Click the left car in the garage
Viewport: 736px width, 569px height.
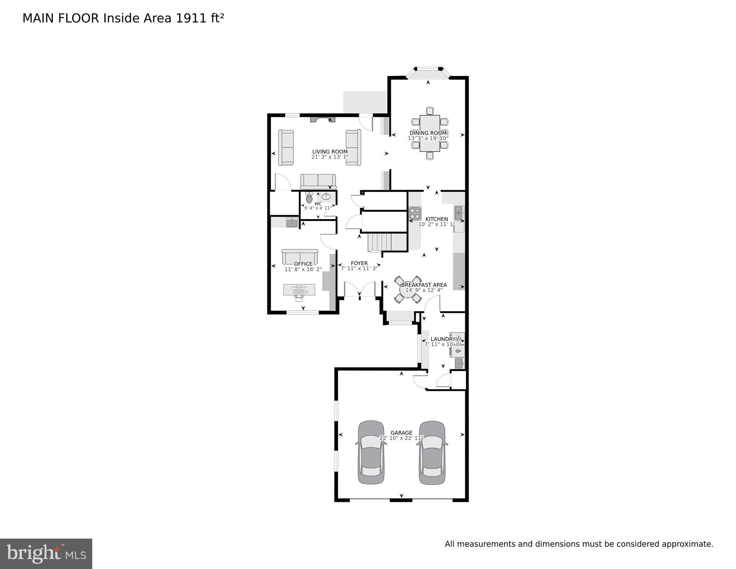(371, 453)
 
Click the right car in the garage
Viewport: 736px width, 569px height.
(432, 453)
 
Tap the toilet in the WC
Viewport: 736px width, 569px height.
(309, 198)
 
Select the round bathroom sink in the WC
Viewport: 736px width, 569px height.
(326, 196)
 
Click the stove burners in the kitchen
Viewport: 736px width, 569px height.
(415, 213)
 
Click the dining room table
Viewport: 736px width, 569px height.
(430, 133)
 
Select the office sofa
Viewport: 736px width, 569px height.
(300, 257)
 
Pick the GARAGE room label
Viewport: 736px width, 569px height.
(401, 433)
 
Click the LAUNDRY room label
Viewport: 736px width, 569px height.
(443, 339)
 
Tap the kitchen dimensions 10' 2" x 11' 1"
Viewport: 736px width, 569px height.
(436, 224)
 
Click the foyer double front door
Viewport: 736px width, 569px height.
(360, 290)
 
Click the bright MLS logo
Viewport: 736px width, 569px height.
(46, 554)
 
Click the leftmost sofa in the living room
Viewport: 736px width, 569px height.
(286, 148)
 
